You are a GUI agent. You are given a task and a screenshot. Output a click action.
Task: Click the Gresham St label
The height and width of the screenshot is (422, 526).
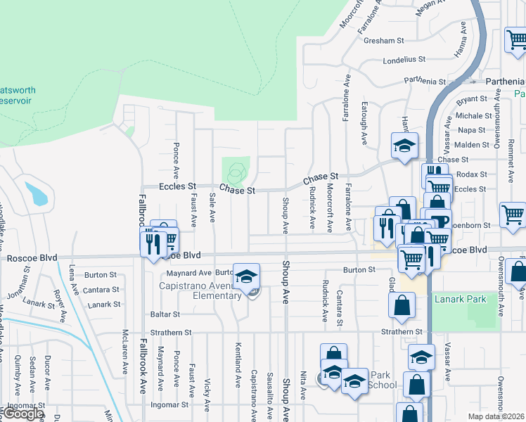(x=383, y=41)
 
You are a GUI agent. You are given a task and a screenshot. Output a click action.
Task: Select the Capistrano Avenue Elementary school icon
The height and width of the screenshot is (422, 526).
(x=246, y=277)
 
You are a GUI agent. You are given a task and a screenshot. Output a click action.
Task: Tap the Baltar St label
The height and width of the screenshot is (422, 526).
(x=165, y=314)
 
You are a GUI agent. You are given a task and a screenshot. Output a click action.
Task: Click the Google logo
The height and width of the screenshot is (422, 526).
(x=23, y=414)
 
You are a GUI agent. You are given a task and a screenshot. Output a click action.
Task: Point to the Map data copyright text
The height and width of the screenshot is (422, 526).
(x=495, y=416)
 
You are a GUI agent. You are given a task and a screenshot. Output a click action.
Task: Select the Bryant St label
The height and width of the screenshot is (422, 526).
(x=471, y=99)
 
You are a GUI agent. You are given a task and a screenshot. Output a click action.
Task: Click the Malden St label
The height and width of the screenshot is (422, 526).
(x=472, y=145)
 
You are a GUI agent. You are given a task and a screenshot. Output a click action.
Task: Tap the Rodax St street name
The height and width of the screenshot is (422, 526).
(x=471, y=174)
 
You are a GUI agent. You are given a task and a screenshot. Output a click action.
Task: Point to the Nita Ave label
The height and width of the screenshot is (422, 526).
(x=302, y=386)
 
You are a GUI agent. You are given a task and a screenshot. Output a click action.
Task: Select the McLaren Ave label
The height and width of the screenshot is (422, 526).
(x=125, y=352)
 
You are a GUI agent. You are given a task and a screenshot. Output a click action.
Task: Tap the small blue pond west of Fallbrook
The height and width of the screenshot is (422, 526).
(x=37, y=193)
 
